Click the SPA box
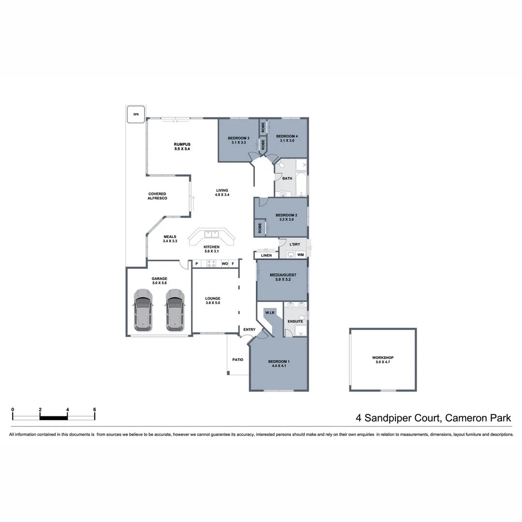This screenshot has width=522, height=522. click(x=136, y=115)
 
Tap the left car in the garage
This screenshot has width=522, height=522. click(x=143, y=310)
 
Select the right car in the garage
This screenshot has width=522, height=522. click(x=175, y=310)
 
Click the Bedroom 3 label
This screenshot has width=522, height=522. click(x=238, y=140)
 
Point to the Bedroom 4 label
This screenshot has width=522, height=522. click(x=287, y=138)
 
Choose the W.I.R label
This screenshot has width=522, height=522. click(x=270, y=313)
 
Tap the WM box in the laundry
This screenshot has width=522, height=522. click(x=300, y=255)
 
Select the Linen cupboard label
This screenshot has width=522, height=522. click(x=266, y=255)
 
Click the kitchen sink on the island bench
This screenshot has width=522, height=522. click(x=212, y=234)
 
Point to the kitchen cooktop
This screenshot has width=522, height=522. click(x=211, y=264)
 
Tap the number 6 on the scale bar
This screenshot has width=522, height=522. click(x=95, y=409)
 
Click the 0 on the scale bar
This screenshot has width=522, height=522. click(x=13, y=409)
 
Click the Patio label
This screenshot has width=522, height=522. click(x=238, y=360)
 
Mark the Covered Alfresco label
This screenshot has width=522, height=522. click(x=157, y=196)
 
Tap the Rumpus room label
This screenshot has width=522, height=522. click(x=182, y=146)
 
